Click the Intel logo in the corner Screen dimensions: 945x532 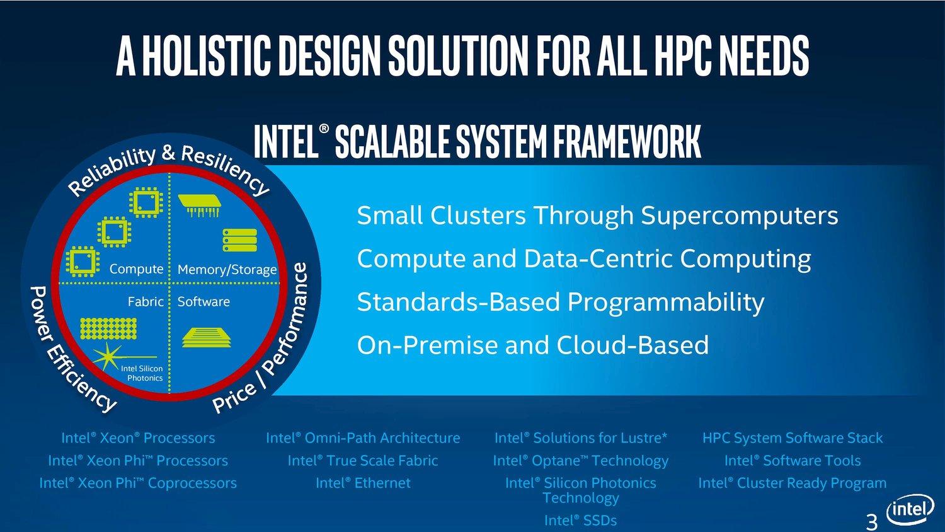tap(910, 510)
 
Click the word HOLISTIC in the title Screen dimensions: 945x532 tap(206, 55)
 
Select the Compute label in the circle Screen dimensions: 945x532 tap(136, 269)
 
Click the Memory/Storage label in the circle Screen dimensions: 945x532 tap(227, 269)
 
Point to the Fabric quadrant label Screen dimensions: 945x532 tap(146, 301)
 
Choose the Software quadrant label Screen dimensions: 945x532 tap(203, 301)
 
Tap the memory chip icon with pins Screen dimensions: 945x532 tap(200, 205)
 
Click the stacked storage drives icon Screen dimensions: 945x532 tap(239, 240)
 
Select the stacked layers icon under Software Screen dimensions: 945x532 tap(207, 337)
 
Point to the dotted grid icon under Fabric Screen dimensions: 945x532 tap(108, 329)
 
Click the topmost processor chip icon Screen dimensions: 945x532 tap(146, 202)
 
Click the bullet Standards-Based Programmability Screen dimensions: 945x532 tap(561, 301)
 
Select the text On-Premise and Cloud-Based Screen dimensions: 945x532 tap(533, 345)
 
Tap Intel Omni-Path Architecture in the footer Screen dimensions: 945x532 tap(363, 438)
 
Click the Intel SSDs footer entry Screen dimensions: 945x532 tap(580, 520)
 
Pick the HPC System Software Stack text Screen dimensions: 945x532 tap(793, 438)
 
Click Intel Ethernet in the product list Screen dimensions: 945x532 tap(363, 483)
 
